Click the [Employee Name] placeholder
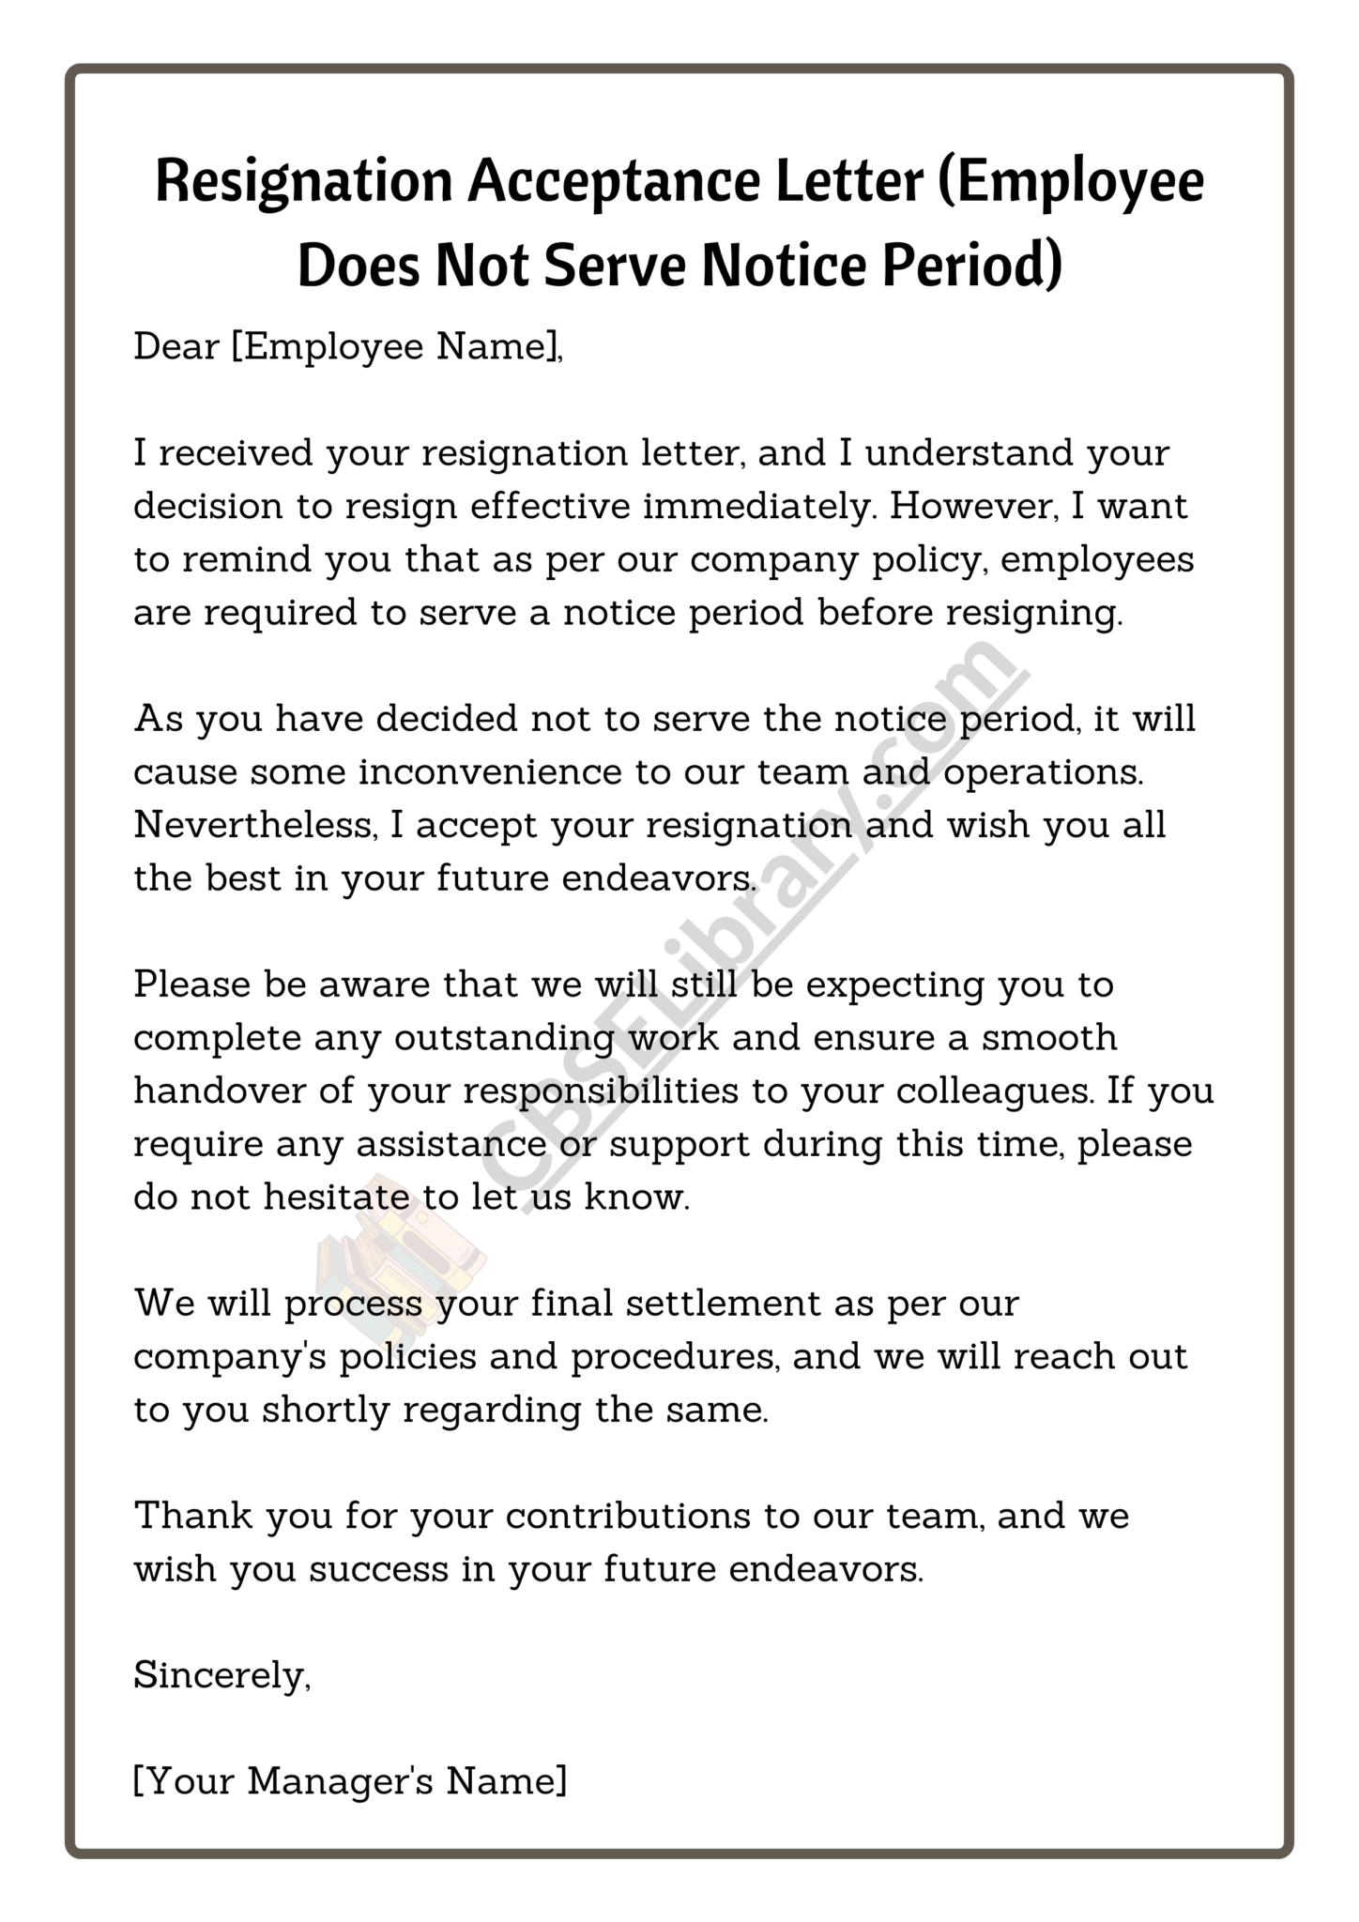point(395,348)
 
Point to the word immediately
point(760,506)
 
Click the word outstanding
point(506,1038)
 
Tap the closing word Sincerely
point(221,1675)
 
